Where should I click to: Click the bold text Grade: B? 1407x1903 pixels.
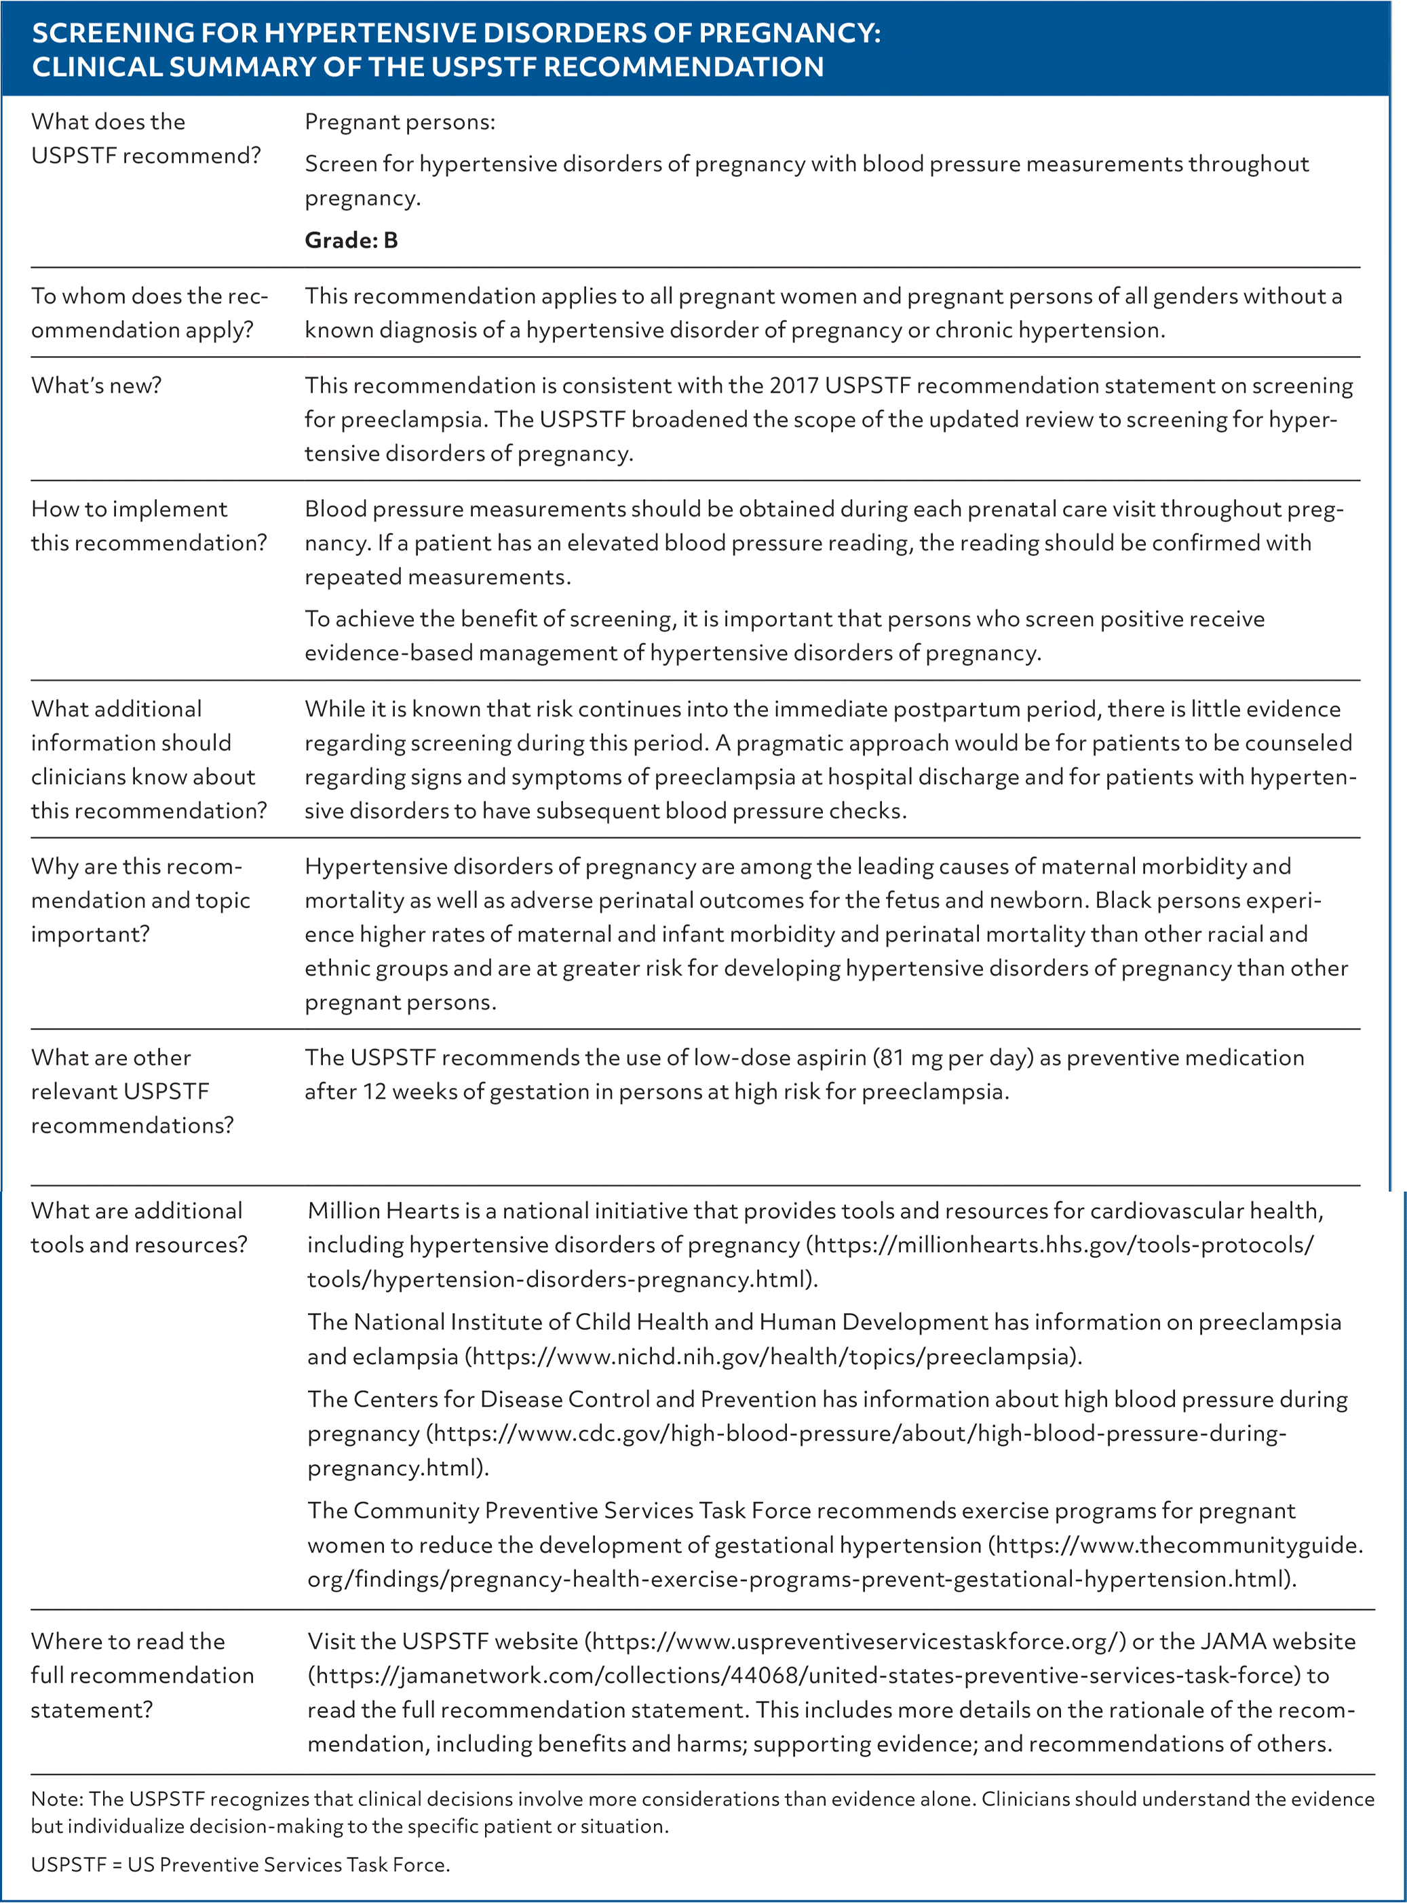351,241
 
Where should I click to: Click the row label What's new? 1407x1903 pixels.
96,386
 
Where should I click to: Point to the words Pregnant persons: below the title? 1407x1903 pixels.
400,123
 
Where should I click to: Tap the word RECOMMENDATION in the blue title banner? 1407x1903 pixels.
683,67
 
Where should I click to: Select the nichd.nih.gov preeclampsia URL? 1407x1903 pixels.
771,1356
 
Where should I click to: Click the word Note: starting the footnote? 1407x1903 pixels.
57,1799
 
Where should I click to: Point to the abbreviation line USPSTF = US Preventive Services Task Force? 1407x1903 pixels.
240,1865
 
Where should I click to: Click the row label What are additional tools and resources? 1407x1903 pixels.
138,1228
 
